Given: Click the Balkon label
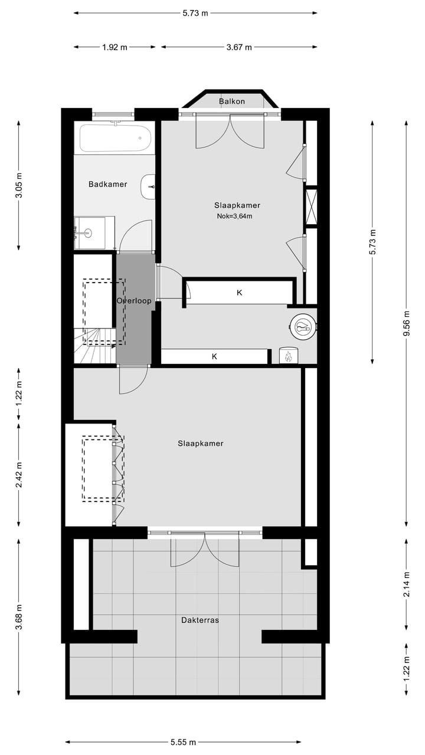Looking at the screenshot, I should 231,101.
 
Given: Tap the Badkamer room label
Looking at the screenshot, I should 108,184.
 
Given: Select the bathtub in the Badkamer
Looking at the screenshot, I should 115,138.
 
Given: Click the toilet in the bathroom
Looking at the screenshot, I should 148,187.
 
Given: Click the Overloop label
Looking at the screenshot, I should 134,301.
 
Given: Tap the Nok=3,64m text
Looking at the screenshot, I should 234,216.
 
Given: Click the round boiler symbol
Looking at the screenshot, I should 303,325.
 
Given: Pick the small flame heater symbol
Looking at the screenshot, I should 289,356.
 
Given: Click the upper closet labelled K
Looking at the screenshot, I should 240,292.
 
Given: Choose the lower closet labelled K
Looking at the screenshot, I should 214,356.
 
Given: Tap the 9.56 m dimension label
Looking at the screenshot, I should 407,324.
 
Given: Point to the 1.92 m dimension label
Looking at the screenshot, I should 115,47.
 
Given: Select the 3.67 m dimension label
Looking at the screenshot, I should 239,47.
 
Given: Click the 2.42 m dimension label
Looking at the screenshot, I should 19,474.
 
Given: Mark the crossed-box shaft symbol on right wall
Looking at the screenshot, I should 311,206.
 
